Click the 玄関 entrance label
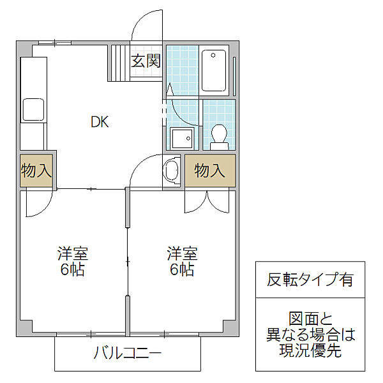pos(146,61)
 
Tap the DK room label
pos(99,122)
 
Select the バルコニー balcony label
pos(128,352)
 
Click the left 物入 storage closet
pos(36,170)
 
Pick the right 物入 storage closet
pos(210,170)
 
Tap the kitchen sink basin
pos(33,109)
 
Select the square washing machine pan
pos(182,137)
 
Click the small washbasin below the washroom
pos(172,170)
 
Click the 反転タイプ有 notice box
pos(310,279)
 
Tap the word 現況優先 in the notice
pos(310,350)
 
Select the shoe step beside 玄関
pos(120,61)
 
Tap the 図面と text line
pos(310,317)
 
